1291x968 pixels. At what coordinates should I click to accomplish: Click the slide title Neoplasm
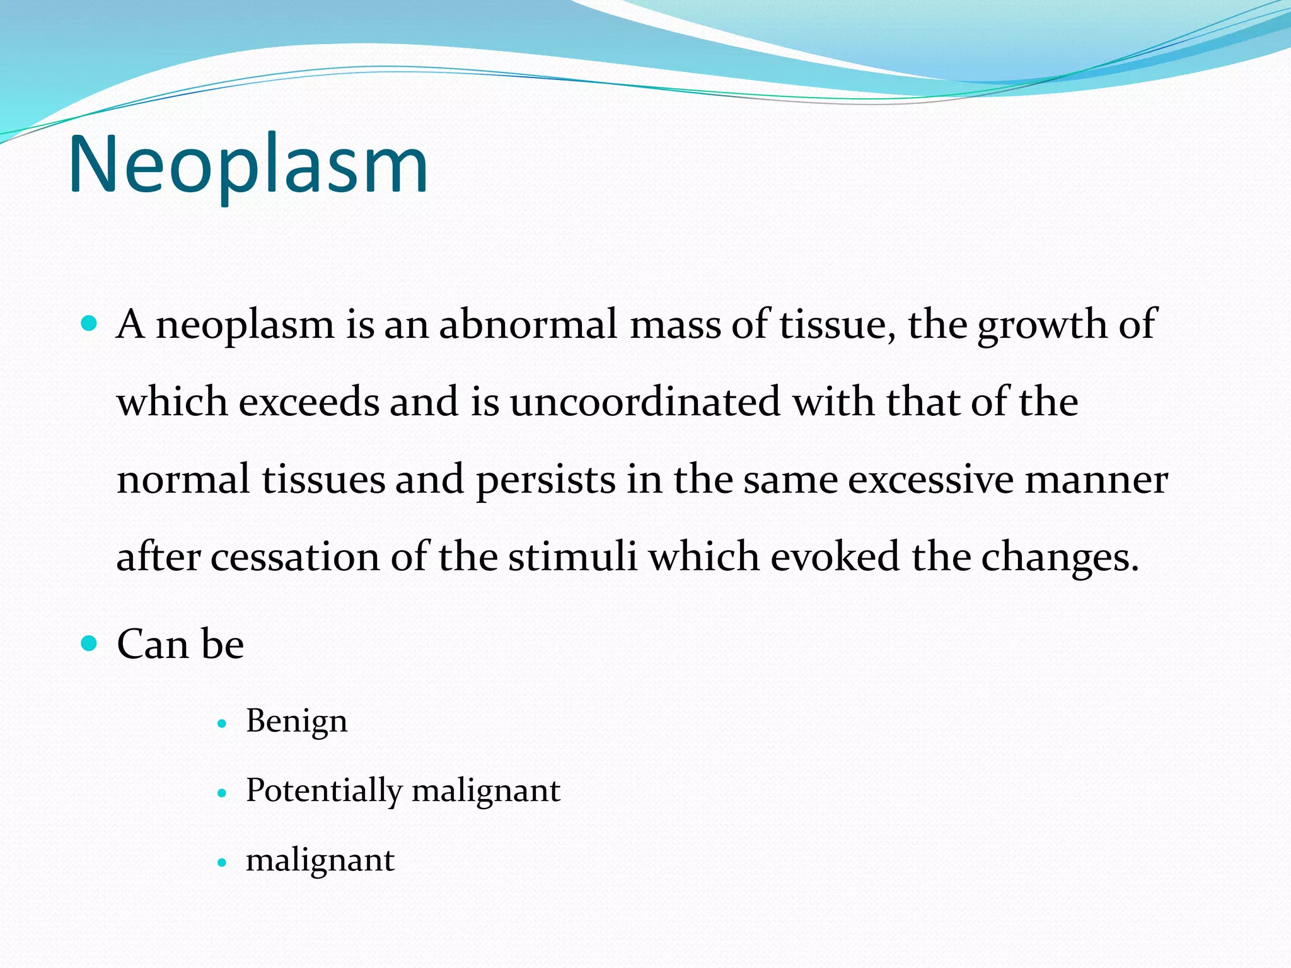click(x=248, y=165)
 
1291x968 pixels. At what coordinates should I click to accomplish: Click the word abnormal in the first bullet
click(x=528, y=325)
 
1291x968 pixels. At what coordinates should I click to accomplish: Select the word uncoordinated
click(x=645, y=402)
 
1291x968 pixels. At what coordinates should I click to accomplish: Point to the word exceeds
click(x=308, y=402)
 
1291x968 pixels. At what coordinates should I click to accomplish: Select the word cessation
click(x=295, y=557)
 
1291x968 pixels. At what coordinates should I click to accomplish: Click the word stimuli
click(x=572, y=557)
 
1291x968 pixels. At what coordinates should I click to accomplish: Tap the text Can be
click(x=180, y=644)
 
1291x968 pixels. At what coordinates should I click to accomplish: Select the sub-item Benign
click(x=296, y=721)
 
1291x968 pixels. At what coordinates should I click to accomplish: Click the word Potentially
click(x=323, y=790)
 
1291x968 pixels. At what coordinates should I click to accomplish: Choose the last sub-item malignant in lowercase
click(x=320, y=860)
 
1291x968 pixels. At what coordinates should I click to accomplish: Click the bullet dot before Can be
click(x=90, y=643)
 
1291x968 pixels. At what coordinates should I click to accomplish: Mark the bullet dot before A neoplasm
click(x=90, y=325)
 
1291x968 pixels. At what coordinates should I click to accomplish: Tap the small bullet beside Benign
click(x=221, y=724)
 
